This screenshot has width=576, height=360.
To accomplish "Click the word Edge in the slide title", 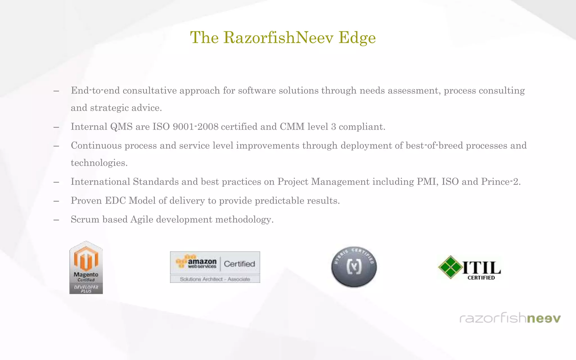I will pyautogui.click(x=357, y=38).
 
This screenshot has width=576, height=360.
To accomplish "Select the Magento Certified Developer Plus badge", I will pyautogui.click(x=86, y=267).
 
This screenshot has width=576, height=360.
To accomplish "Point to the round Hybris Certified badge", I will pyautogui.click(x=354, y=267).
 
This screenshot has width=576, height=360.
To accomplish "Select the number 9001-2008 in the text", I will pyautogui.click(x=195, y=127).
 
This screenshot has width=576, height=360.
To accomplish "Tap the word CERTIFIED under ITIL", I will pyautogui.click(x=481, y=278).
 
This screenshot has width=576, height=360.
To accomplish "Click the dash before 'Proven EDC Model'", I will pyautogui.click(x=56, y=201).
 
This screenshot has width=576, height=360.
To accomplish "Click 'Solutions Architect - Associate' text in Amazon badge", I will pyautogui.click(x=215, y=279).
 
